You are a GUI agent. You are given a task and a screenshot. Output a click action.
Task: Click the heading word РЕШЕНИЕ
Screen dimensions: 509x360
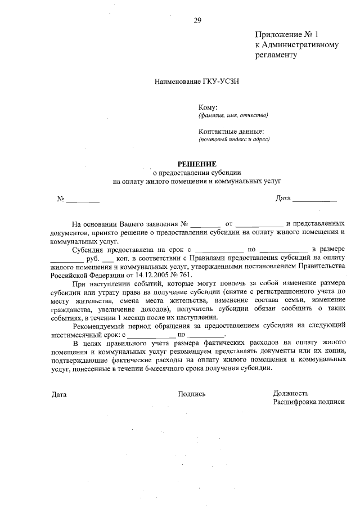(x=197, y=164)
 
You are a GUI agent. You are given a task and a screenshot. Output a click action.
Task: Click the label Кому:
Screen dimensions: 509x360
(x=208, y=107)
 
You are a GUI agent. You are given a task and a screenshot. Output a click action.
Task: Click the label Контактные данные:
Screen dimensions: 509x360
(x=231, y=131)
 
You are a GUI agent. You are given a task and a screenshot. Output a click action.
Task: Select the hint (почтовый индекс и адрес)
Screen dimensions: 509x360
(x=234, y=139)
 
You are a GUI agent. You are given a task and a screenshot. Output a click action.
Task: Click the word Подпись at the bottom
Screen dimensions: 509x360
(x=192, y=394)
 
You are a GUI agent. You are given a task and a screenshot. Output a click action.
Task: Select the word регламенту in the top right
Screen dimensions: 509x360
(x=276, y=55)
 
